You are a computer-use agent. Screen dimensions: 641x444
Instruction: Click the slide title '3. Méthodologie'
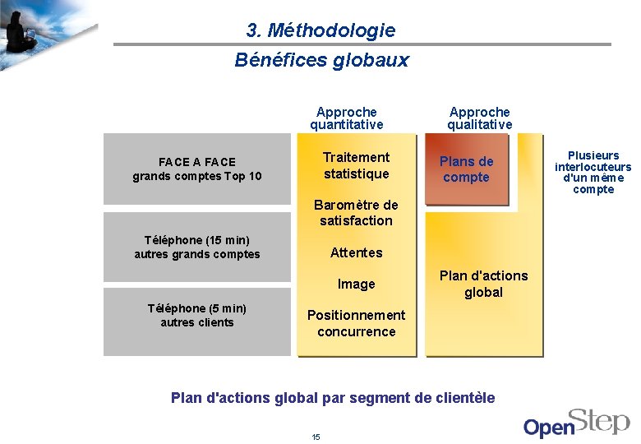320,30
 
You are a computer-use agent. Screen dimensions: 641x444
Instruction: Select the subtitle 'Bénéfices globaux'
320,60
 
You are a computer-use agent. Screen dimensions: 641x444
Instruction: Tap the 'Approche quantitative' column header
346,118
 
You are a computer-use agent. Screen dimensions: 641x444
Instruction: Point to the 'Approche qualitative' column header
479,118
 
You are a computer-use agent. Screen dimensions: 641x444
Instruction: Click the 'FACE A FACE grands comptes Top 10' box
197,169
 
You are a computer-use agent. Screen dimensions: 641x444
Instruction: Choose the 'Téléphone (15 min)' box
197,247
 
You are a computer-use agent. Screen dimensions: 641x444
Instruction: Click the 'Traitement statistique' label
356,165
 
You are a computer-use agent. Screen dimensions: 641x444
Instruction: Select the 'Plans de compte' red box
466,169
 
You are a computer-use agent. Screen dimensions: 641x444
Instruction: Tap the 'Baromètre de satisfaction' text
356,213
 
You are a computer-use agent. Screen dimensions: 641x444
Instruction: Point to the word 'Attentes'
356,252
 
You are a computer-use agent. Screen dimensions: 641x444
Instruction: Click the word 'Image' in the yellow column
356,284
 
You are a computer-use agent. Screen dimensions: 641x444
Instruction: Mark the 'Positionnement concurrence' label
356,323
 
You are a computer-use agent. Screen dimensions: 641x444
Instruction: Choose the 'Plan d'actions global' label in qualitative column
483,284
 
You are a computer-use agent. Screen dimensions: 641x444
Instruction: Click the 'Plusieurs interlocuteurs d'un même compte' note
593,172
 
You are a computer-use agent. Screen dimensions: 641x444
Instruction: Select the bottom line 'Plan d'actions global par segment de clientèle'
333,398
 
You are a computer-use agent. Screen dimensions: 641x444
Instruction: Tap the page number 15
316,437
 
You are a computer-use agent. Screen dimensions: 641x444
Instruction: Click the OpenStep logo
576,421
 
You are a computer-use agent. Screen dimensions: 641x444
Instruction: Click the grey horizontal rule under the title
362,44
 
